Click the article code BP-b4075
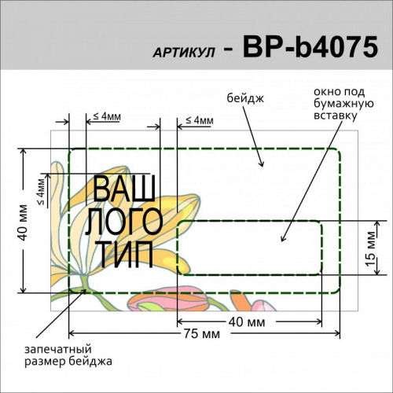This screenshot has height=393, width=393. tap(310, 47)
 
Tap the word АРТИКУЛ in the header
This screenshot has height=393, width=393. tap(184, 53)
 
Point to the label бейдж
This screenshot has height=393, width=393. tap(245, 98)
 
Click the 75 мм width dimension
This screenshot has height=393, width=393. tap(201, 334)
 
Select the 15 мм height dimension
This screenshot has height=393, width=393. tap(371, 248)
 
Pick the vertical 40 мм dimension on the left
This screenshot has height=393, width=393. tap(23, 222)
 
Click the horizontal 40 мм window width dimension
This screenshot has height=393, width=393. tap(247, 322)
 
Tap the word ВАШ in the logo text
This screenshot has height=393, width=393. tap(124, 189)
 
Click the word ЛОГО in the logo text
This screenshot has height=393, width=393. tap(124, 222)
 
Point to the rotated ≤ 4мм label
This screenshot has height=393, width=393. tap(42, 192)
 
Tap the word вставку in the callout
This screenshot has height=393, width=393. tap(336, 116)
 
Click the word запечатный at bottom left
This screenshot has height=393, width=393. tap(58, 349)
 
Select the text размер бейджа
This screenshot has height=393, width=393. tap(68, 362)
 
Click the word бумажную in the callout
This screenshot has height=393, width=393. tap(343, 104)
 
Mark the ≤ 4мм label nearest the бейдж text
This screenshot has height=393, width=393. tap(200, 120)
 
